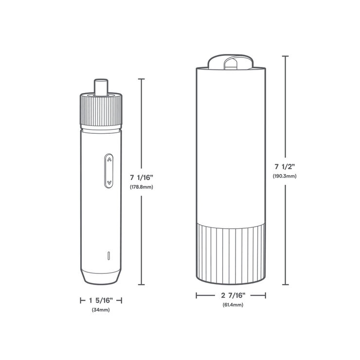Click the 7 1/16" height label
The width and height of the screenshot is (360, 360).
click(x=142, y=178)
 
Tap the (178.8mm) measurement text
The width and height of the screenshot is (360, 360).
click(x=142, y=187)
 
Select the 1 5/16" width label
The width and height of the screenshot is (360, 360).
click(x=101, y=300)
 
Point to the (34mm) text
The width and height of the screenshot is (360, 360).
click(x=101, y=310)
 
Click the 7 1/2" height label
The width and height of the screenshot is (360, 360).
click(x=285, y=166)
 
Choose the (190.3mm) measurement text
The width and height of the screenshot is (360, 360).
click(x=285, y=176)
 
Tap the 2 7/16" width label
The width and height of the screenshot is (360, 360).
click(x=233, y=295)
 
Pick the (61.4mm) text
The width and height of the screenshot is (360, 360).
click(x=233, y=305)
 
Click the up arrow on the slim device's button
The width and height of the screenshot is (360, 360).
click(x=109, y=160)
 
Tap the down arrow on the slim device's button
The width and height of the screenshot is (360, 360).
click(x=109, y=182)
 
